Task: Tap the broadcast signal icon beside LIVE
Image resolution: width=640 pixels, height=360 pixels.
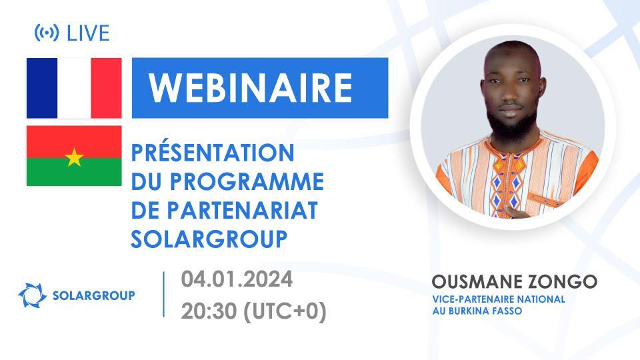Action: pos(46,32)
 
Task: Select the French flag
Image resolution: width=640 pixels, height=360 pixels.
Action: pos(74,88)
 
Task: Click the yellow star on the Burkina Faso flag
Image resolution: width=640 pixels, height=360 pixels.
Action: pos(74,157)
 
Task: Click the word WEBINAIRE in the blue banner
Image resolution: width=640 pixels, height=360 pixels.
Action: pos(250,87)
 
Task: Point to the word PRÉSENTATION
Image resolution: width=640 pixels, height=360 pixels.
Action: pos(213,153)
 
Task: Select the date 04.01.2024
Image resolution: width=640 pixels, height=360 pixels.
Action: pos(237,279)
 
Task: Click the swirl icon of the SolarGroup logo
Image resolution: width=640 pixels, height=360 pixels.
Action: pos(31,295)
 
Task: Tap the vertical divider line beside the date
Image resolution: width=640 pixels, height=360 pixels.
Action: pos(164,294)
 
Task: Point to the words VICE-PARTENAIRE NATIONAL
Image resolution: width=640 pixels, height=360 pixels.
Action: pos(498,299)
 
